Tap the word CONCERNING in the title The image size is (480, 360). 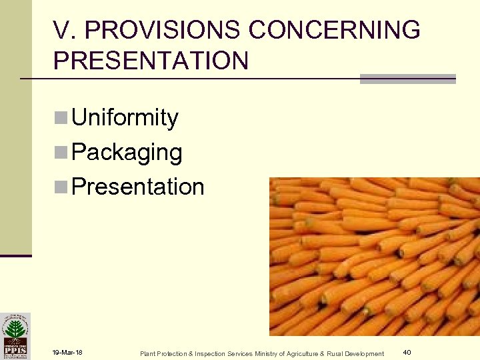click(334, 30)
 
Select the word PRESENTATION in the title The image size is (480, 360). click(151, 61)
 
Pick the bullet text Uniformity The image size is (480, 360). click(125, 118)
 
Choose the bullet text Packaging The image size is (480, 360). click(127, 153)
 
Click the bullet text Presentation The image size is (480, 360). click(137, 187)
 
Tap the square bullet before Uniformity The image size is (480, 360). click(61, 119)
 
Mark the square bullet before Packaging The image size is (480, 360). click(61, 153)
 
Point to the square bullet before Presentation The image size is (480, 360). click(61, 187)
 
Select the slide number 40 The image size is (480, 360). click(407, 352)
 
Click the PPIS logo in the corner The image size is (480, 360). click(15, 335)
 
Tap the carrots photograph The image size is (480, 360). click(374, 256)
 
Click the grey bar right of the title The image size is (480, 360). click(407, 79)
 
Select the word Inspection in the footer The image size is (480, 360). click(205, 353)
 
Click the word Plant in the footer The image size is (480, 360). click(147, 353)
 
